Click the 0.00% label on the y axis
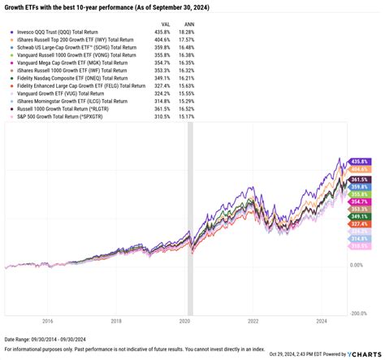point(357,265)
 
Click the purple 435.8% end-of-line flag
point(358,163)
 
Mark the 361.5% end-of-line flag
point(358,179)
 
